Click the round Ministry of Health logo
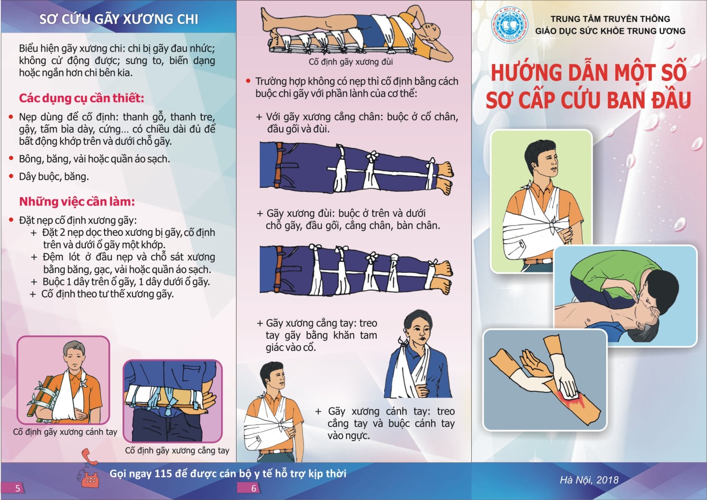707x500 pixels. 510,25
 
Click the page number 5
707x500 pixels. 18,488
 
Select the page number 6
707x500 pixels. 254,488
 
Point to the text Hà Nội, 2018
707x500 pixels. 589,480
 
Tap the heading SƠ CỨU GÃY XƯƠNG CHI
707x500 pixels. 119,19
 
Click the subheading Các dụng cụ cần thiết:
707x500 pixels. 82,98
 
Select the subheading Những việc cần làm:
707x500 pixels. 77,201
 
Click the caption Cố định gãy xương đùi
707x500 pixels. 351,62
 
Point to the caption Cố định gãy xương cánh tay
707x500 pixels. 65,432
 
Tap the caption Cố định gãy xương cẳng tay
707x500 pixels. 177,450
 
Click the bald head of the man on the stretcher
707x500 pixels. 431,32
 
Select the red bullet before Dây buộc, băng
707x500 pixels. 11,176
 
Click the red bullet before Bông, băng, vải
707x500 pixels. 11,158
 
